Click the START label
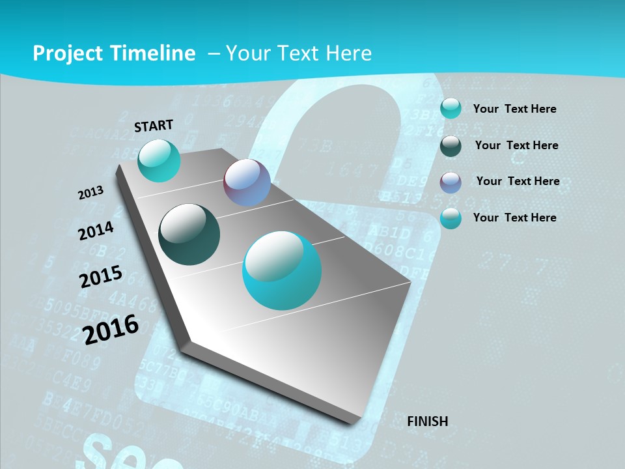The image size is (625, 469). pos(154,126)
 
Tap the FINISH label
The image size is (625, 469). pos(428,421)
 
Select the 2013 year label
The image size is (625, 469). pos(91,193)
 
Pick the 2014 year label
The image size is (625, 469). pos(96,231)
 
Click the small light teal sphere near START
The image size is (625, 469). pos(159,160)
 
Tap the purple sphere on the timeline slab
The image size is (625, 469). pos(247,182)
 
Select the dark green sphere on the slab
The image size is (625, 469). pos(189,234)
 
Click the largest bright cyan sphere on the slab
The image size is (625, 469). pos(282,270)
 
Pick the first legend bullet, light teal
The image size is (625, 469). pos(451,109)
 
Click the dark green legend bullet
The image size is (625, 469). pos(451,146)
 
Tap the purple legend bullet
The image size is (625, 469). pos(451,182)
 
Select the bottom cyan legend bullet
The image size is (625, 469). pos(451,219)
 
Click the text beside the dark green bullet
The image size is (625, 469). pos(516,145)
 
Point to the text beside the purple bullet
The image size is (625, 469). pos(518,181)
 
